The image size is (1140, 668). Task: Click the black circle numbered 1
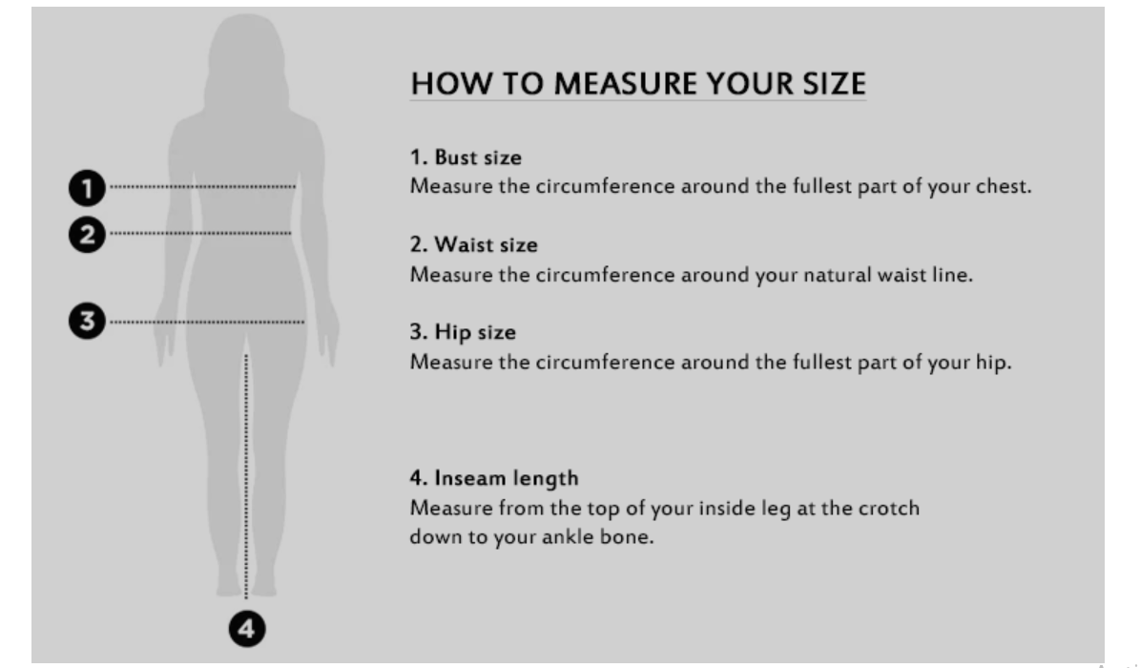tap(87, 188)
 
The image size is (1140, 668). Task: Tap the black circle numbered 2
tap(87, 235)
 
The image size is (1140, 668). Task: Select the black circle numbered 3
tap(87, 321)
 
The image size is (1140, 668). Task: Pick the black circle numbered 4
tap(247, 629)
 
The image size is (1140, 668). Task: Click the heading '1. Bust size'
tap(466, 157)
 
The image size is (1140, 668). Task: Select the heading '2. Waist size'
tap(474, 244)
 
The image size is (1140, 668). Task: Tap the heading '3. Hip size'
tap(463, 332)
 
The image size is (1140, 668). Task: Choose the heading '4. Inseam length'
tap(494, 478)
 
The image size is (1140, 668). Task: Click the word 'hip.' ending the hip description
tap(993, 363)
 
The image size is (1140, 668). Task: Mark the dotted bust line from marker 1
tap(202, 187)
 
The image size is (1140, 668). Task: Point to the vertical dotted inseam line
tap(246, 476)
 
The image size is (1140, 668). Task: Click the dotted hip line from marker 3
tap(206, 322)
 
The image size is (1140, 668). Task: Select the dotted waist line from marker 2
tap(200, 234)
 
